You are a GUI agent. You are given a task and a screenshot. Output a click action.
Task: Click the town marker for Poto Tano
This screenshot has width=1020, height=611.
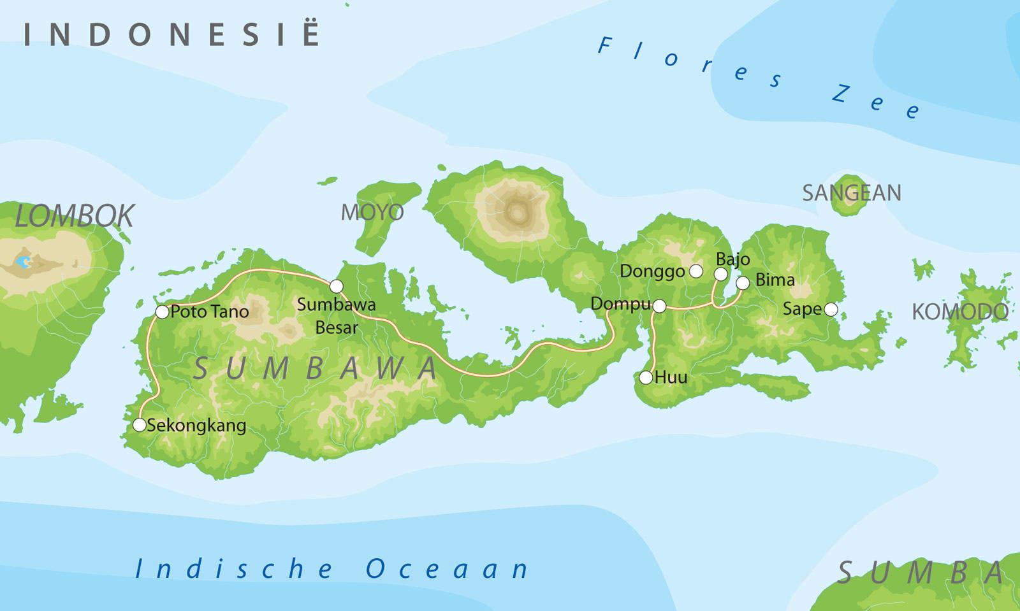[x=162, y=312]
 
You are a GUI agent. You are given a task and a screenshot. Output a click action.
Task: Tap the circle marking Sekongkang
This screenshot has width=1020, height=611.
[x=140, y=425]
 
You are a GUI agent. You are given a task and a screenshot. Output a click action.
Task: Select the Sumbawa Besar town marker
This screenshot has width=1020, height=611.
[x=336, y=286]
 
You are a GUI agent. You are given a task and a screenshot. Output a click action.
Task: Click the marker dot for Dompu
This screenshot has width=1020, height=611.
[x=659, y=306]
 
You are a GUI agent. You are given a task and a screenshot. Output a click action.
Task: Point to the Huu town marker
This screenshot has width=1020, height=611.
[x=646, y=378]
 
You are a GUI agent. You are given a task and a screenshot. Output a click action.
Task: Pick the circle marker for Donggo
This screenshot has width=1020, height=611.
[x=696, y=271]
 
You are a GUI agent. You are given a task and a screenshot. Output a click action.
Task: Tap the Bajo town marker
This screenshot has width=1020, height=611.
[x=720, y=275]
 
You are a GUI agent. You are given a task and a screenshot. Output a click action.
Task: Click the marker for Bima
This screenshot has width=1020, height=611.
[x=743, y=283]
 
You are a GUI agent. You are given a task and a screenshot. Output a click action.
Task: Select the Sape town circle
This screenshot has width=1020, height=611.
[x=831, y=310]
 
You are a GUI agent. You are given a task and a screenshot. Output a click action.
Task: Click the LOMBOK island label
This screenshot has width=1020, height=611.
[x=75, y=216]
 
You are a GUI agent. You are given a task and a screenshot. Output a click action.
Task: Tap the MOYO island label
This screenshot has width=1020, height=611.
[x=372, y=212]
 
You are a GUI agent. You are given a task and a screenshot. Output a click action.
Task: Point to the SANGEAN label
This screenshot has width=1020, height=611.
[x=851, y=192]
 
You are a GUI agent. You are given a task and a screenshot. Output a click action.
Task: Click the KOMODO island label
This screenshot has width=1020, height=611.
[x=959, y=312]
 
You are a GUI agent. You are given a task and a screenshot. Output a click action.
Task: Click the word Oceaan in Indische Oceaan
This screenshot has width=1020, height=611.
[x=447, y=569]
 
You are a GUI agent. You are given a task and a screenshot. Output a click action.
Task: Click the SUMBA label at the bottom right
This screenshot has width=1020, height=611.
[x=921, y=573]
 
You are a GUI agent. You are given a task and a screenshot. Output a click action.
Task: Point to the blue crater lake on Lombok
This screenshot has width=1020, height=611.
[x=24, y=261]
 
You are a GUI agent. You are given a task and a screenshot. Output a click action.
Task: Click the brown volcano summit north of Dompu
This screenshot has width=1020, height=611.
[x=518, y=213]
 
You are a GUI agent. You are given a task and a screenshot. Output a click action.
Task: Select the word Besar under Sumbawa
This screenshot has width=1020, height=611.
[x=337, y=327]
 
